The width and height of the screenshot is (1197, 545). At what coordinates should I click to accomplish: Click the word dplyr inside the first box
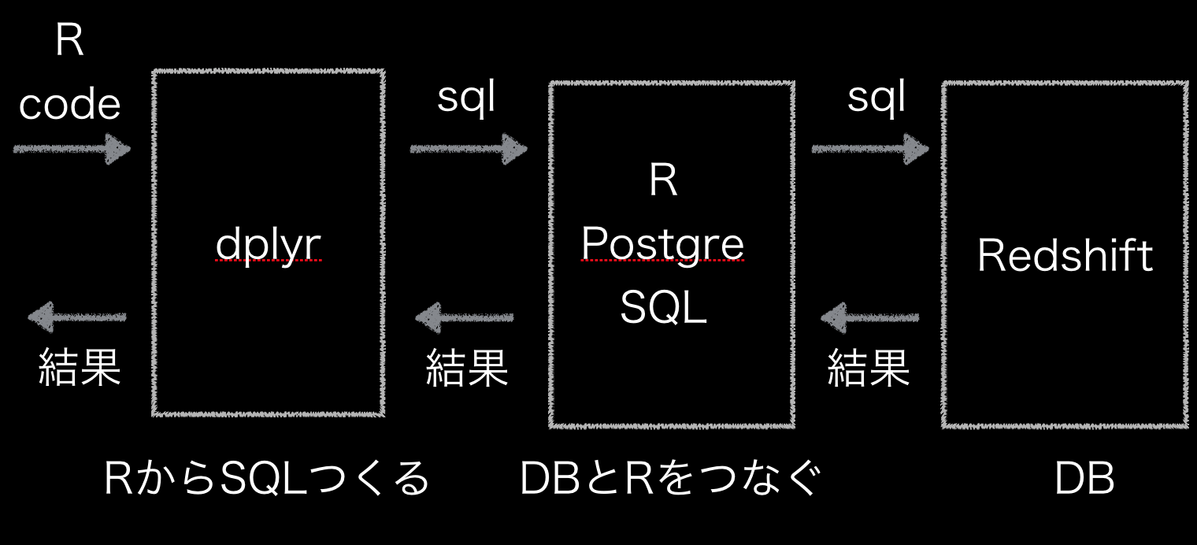click(x=269, y=247)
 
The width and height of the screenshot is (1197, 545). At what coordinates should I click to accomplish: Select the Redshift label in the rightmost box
click(x=1065, y=255)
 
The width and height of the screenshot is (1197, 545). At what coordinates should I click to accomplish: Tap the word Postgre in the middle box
click(x=662, y=245)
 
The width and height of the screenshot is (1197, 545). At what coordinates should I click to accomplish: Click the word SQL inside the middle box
click(x=663, y=308)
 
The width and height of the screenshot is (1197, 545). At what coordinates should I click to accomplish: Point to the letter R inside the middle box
click(x=663, y=182)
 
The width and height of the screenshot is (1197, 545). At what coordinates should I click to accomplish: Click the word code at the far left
click(x=69, y=105)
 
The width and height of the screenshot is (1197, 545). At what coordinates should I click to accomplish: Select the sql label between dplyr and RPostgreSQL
click(x=466, y=98)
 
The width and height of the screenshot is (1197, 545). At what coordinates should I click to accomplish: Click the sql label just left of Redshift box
click(x=876, y=98)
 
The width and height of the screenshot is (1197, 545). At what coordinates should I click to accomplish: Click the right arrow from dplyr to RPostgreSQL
click(x=469, y=148)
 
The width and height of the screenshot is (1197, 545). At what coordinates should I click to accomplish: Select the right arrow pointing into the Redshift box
click(x=870, y=148)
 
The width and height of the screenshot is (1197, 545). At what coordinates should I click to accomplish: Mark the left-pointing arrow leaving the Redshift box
click(x=869, y=318)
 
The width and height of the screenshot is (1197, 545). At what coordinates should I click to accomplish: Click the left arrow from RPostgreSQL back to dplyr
click(x=465, y=318)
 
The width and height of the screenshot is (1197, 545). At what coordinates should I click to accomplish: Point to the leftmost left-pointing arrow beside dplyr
click(x=77, y=317)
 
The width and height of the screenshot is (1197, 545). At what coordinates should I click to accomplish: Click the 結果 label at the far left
click(x=80, y=367)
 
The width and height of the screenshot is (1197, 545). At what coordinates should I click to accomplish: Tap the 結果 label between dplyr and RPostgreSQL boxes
click(x=466, y=368)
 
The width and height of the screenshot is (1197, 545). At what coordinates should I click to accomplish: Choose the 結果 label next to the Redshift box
click(x=869, y=368)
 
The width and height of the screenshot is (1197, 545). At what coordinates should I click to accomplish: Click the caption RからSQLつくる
click(x=267, y=479)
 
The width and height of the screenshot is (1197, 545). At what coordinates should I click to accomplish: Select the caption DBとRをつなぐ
click(x=670, y=479)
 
